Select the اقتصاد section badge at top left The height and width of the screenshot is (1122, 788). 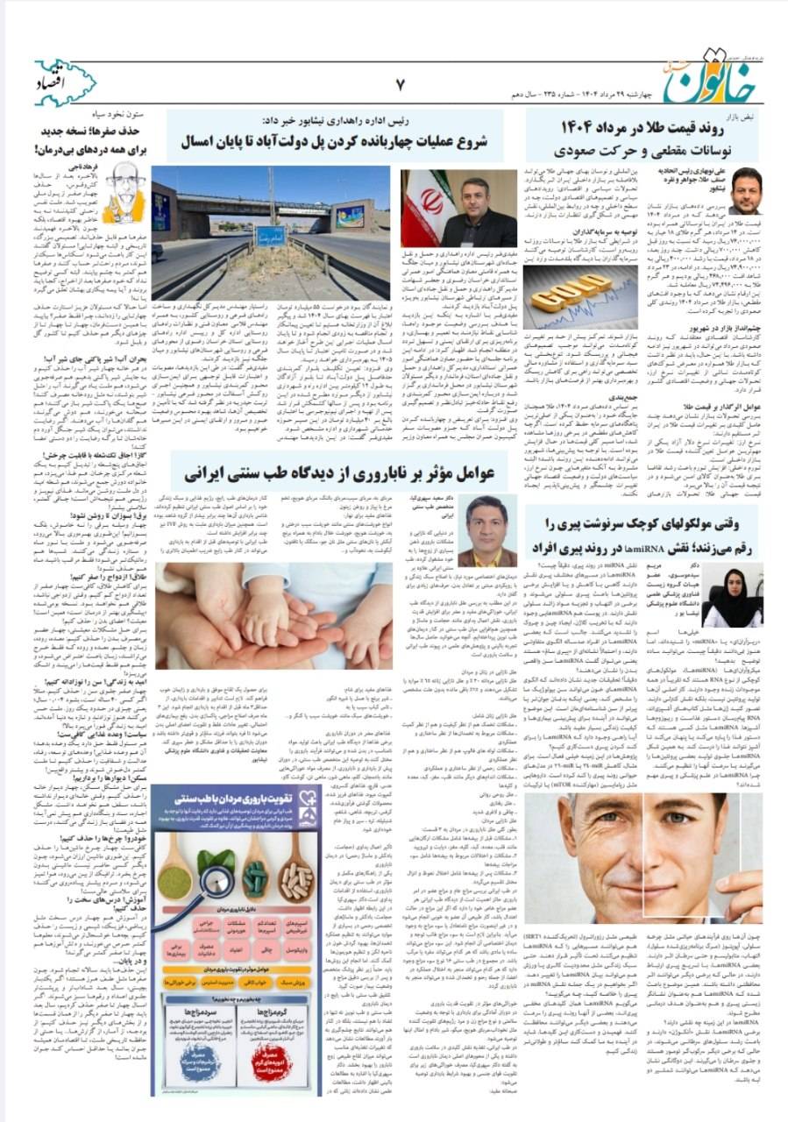pos(65,83)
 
